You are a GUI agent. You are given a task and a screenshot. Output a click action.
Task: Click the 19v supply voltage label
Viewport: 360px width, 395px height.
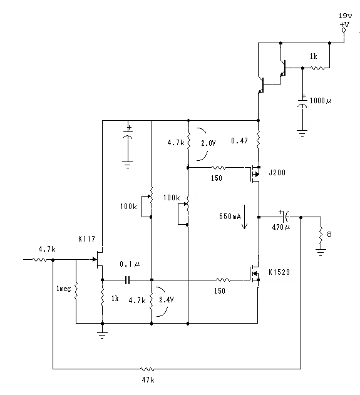click(345, 16)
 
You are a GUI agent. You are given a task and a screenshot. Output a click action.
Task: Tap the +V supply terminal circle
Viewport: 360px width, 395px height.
click(344, 30)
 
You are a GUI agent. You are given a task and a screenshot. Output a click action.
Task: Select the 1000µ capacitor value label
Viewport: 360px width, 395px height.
click(321, 101)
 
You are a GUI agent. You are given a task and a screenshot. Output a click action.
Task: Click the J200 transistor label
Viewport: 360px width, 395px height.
click(277, 173)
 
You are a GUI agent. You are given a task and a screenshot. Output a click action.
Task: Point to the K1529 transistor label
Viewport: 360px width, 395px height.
click(279, 272)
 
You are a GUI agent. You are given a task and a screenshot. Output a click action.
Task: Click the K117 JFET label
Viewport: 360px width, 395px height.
click(86, 239)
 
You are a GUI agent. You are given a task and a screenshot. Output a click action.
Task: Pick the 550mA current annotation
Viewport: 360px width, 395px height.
click(230, 217)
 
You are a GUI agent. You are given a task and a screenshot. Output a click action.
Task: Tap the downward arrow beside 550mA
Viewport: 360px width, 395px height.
click(244, 217)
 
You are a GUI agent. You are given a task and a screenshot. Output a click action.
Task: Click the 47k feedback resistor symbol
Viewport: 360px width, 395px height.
click(147, 369)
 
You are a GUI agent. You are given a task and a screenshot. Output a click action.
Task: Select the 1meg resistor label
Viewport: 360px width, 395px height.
click(63, 289)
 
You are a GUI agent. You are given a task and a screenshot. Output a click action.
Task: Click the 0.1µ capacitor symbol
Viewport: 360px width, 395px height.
click(128, 280)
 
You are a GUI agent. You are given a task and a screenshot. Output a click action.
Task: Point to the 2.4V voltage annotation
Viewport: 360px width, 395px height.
click(167, 300)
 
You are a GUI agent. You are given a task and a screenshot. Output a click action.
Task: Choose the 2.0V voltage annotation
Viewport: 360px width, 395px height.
click(208, 143)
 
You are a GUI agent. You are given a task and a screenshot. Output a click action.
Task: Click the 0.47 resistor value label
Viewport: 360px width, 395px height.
click(239, 141)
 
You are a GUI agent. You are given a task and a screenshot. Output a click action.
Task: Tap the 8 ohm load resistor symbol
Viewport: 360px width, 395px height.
click(321, 235)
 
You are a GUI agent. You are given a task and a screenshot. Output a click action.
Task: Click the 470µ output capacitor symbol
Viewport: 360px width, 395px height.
click(285, 217)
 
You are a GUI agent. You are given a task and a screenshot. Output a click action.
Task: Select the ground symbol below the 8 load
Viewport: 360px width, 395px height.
click(321, 252)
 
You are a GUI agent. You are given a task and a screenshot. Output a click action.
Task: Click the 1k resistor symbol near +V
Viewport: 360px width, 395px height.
click(317, 68)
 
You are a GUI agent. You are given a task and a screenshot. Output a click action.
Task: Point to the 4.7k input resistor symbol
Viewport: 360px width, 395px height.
click(39, 259)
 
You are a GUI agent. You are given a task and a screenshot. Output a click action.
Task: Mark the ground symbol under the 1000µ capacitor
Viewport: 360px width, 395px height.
click(302, 133)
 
